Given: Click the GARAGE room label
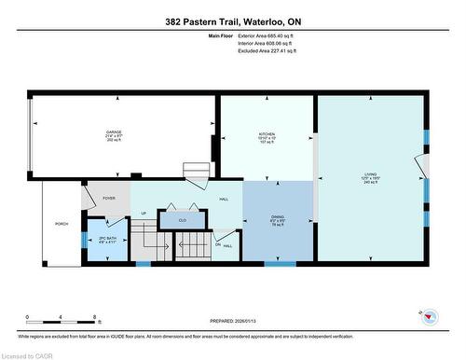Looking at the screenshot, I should pyautogui.click(x=116, y=132).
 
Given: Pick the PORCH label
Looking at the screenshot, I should pyautogui.click(x=62, y=225).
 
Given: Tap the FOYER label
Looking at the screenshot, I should pyautogui.click(x=109, y=198).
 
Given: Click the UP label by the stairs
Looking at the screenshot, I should pyautogui.click(x=143, y=213).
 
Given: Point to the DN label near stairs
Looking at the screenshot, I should pyautogui.click(x=218, y=245).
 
